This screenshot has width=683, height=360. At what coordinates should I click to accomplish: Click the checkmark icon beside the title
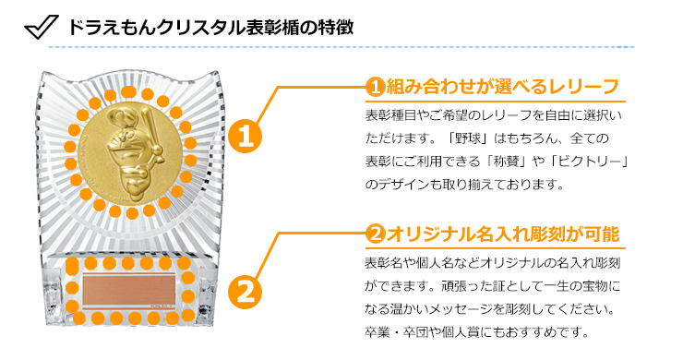41,27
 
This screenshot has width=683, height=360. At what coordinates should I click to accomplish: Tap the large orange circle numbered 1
245,136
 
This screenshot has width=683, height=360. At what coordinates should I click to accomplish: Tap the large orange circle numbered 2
245,291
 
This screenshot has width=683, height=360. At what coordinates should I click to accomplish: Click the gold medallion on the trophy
131,152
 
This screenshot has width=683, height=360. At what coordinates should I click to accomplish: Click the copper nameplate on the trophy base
128,290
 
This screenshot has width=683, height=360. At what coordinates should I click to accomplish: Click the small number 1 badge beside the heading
375,87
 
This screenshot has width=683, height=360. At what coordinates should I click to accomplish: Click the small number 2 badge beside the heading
375,234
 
